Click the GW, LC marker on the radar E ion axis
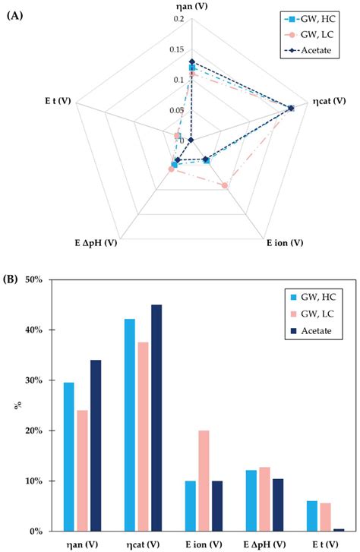pos(225,185)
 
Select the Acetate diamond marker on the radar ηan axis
pos(192,62)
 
